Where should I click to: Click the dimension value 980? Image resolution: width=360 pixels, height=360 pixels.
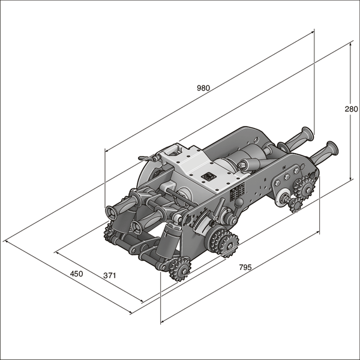pyautogui.click(x=203, y=88)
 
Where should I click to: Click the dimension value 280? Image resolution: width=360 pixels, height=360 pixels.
pyautogui.click(x=351, y=109)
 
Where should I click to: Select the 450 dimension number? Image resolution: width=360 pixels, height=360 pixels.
pyautogui.click(x=76, y=274)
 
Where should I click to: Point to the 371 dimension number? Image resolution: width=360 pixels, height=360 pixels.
pyautogui.click(x=109, y=275)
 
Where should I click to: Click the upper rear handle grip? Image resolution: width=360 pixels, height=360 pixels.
pyautogui.click(x=298, y=139)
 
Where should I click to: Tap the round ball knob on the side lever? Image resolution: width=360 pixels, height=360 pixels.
pyautogui.click(x=239, y=203)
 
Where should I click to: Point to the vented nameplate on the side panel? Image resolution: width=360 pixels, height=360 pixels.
pyautogui.click(x=238, y=191)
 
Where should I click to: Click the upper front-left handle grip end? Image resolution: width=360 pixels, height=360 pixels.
pyautogui.click(x=113, y=213)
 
